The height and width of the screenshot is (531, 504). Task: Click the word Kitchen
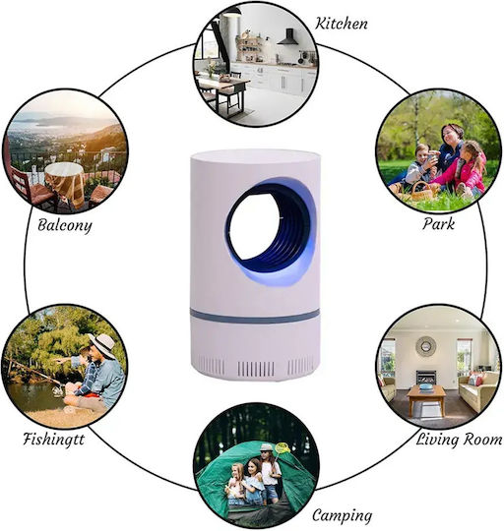click(x=342, y=24)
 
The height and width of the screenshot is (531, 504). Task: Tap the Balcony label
click(x=64, y=225)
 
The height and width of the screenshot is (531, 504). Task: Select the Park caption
click(x=438, y=224)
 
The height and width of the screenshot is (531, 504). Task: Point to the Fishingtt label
click(x=53, y=440)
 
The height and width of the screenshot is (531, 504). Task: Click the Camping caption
click(x=342, y=516)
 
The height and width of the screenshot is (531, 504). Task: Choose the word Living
click(x=436, y=440)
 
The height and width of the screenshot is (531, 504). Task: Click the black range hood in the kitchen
click(x=288, y=37)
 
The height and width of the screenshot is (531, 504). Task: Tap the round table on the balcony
click(x=65, y=183)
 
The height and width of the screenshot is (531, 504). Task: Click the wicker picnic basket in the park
click(x=421, y=192)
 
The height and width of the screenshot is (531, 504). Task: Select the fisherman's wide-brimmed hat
click(x=102, y=345)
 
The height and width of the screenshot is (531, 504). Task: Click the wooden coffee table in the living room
click(x=426, y=399)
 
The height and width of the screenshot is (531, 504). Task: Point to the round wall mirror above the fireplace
click(x=426, y=346)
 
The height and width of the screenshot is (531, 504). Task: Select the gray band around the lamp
click(x=255, y=316)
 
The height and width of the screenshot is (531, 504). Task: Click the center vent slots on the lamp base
click(x=256, y=369)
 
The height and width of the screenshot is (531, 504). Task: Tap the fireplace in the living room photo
click(x=426, y=378)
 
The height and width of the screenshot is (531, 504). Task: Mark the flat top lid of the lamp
click(x=255, y=155)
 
